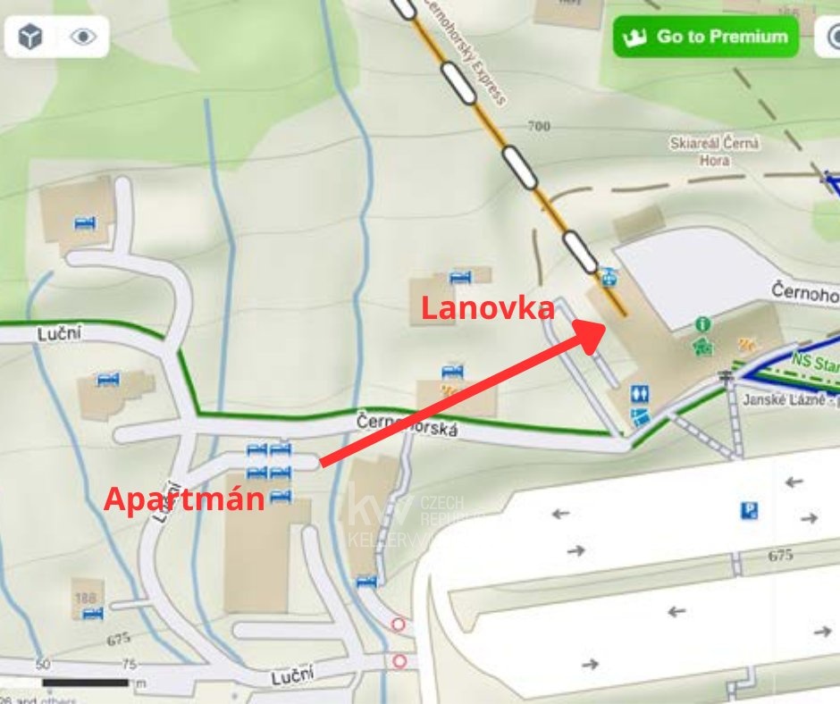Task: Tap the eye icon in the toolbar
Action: tap(83, 37)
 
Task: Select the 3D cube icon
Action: tap(31, 37)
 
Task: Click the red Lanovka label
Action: tap(488, 309)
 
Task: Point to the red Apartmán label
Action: tap(185, 498)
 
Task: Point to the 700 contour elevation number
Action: tap(539, 127)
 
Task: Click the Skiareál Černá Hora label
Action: tap(714, 151)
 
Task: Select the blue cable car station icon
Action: tap(608, 276)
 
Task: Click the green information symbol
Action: tap(703, 323)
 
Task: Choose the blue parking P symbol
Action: tap(749, 511)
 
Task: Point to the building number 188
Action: tap(86, 597)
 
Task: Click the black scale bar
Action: tap(86, 683)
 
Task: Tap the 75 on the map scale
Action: tap(129, 666)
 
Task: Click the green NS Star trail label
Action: tap(814, 364)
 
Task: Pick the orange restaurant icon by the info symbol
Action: tap(745, 343)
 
